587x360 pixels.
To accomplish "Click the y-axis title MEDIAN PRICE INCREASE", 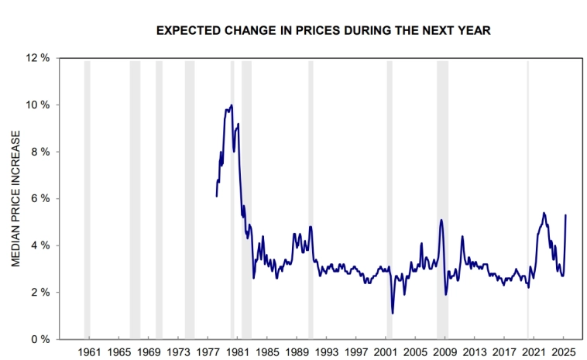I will tap(15, 198).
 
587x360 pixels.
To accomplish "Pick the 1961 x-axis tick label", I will tap(90, 352).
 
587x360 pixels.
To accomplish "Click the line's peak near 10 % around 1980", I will tap(231, 105).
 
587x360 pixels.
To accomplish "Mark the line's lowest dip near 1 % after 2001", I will tap(393, 313).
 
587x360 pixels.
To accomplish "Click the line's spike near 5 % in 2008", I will tap(441, 220).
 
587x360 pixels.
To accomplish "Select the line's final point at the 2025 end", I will tap(566, 215).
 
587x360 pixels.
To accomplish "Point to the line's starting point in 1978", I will tap(217, 196).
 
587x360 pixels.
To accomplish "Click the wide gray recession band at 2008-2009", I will tap(442, 199).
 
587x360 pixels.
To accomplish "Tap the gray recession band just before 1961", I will tap(87, 199).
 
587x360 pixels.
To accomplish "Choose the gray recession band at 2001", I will tap(390, 199).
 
